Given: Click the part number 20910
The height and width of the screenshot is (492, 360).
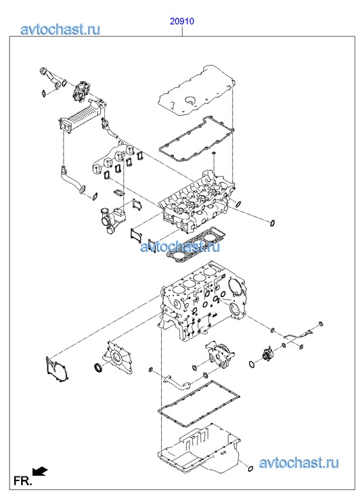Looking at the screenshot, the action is coord(182,22).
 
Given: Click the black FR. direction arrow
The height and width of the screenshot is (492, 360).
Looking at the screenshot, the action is coord(39,471).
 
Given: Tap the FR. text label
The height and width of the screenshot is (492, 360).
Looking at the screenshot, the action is coord(22,480).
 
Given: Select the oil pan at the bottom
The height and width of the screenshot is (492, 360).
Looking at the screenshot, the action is coord(199,449).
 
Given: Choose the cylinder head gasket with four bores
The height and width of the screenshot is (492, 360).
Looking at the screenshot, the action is coord(196,245).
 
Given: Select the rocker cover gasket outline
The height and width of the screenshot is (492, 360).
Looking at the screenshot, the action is coord(196,140).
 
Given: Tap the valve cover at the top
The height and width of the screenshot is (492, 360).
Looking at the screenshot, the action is coord(196,91).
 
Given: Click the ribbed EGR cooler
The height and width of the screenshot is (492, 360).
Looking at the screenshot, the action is coord(83,116).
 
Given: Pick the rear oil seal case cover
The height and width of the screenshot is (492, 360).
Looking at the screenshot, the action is coord(117,357).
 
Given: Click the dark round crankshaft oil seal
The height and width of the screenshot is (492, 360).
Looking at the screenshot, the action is coord(99,367).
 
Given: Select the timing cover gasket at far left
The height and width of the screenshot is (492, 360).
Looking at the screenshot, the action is coord(56,370).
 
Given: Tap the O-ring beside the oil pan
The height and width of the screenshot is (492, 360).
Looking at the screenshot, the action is coord(250,469).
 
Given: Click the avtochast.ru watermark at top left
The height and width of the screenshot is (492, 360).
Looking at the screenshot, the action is coord(60,29).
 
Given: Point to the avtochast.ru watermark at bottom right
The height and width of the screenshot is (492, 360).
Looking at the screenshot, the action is coord(298,462).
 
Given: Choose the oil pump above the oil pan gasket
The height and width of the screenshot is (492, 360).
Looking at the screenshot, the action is coord(220,354).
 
